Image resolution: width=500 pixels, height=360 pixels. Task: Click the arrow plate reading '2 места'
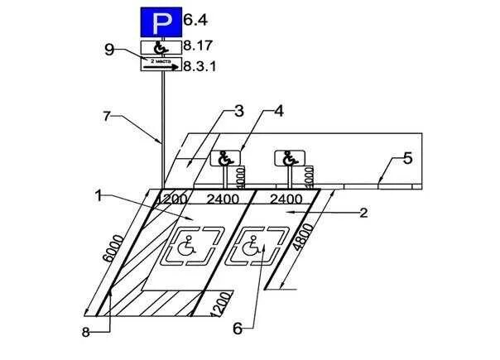[161, 65]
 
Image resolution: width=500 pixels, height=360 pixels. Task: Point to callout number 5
[406, 159]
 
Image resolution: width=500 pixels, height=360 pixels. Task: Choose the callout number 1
[99, 196]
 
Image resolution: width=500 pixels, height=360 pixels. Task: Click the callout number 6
[237, 329]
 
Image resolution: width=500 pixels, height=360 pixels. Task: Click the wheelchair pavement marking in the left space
[188, 246]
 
